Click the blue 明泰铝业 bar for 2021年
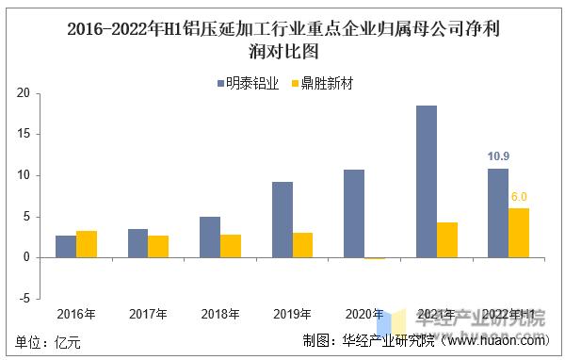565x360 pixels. (x=426, y=181)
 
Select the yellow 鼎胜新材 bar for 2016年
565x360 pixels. (x=87, y=244)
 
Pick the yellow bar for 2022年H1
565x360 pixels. (x=519, y=233)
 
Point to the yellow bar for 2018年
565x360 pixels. (x=231, y=246)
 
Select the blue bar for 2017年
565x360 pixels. (x=137, y=243)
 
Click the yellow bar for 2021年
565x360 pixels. (x=447, y=239)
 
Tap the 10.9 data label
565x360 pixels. (x=498, y=156)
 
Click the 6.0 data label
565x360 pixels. (x=519, y=197)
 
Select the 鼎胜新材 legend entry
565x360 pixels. (x=321, y=83)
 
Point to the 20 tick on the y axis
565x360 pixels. (x=23, y=93)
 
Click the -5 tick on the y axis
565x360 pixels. (x=24, y=298)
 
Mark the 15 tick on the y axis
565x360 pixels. (x=23, y=134)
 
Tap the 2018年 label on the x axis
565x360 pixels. (x=220, y=314)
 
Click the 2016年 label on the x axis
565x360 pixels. (x=75, y=314)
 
